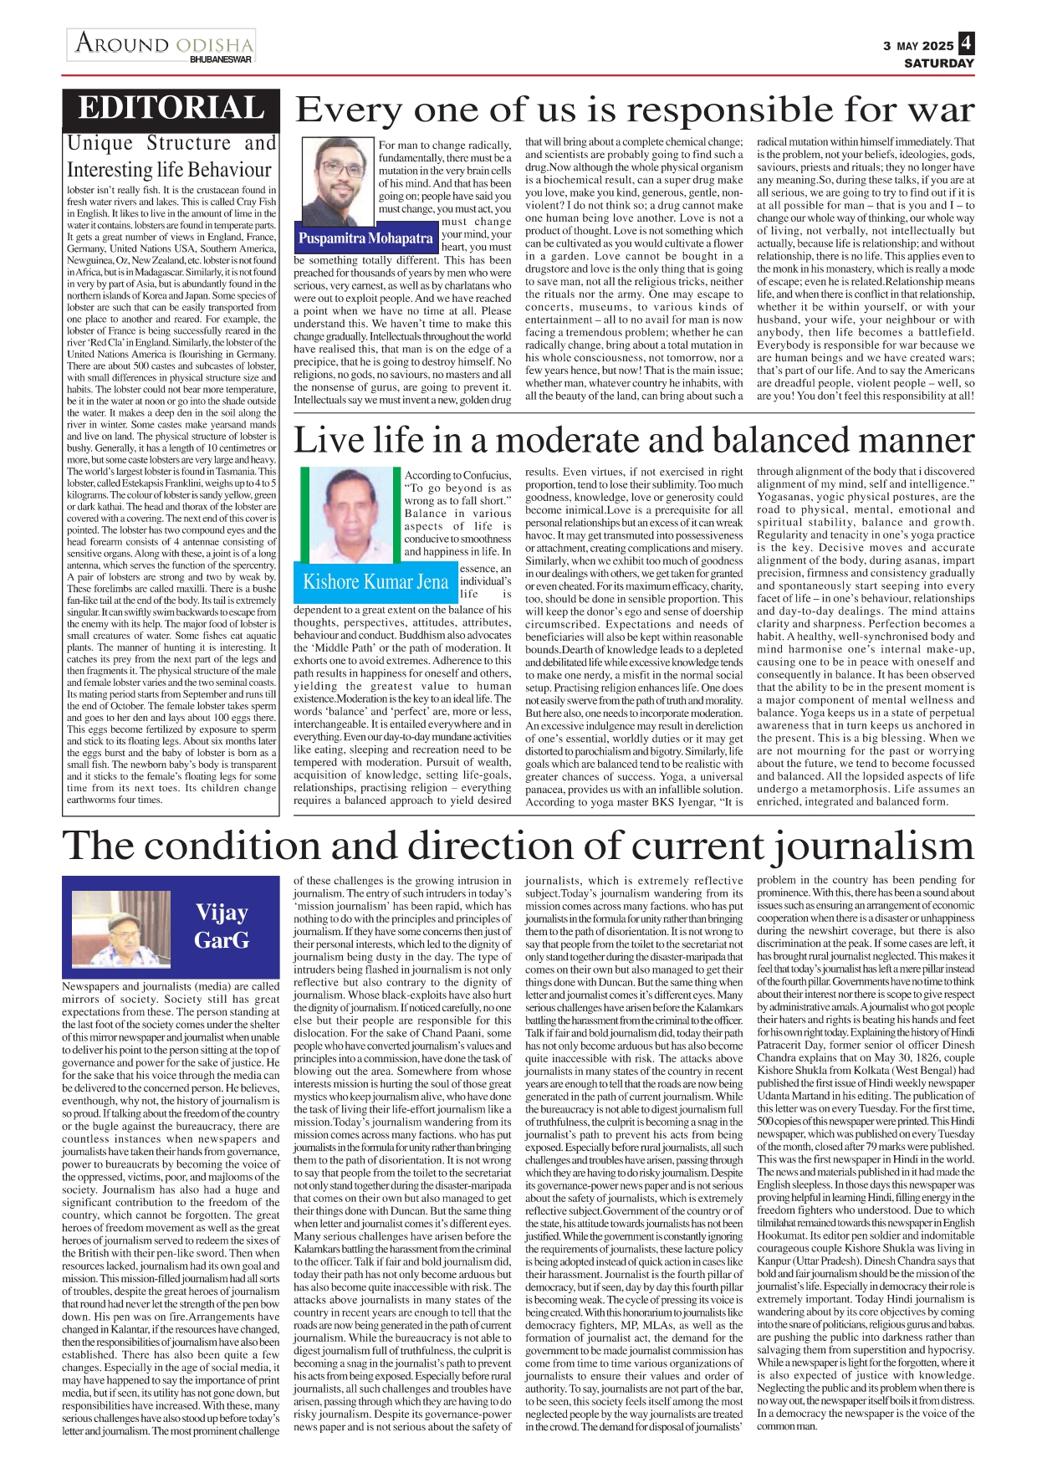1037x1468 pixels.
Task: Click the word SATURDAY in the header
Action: [938, 64]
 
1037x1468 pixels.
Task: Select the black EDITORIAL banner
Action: [171, 109]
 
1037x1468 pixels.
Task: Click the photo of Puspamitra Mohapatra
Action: [336, 182]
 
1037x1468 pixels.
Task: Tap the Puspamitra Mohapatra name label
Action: [365, 238]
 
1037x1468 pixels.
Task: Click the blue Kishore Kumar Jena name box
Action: [375, 582]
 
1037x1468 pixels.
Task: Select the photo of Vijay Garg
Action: [121, 928]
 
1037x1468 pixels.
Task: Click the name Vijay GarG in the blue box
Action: [222, 926]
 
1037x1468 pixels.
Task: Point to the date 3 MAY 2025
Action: [918, 46]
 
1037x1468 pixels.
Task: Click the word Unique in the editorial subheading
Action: [100, 144]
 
